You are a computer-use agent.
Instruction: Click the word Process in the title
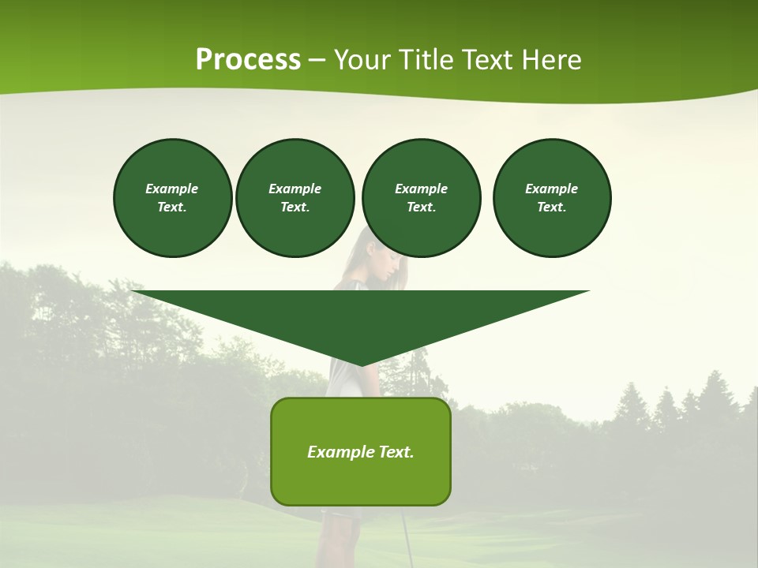coord(248,60)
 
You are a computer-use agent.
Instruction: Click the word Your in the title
coord(361,60)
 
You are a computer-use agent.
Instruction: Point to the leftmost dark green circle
coord(172,198)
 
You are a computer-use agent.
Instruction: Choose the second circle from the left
coord(295,198)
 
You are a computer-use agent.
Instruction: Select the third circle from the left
coord(421,198)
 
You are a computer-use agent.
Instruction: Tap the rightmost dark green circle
coord(552,198)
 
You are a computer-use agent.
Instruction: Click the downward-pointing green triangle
coord(361,316)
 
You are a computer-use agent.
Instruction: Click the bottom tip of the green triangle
coord(361,364)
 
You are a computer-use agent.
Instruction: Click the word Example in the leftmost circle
coord(172,189)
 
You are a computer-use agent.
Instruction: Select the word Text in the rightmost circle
coord(550,207)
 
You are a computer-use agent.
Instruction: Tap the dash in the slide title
coord(317,60)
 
